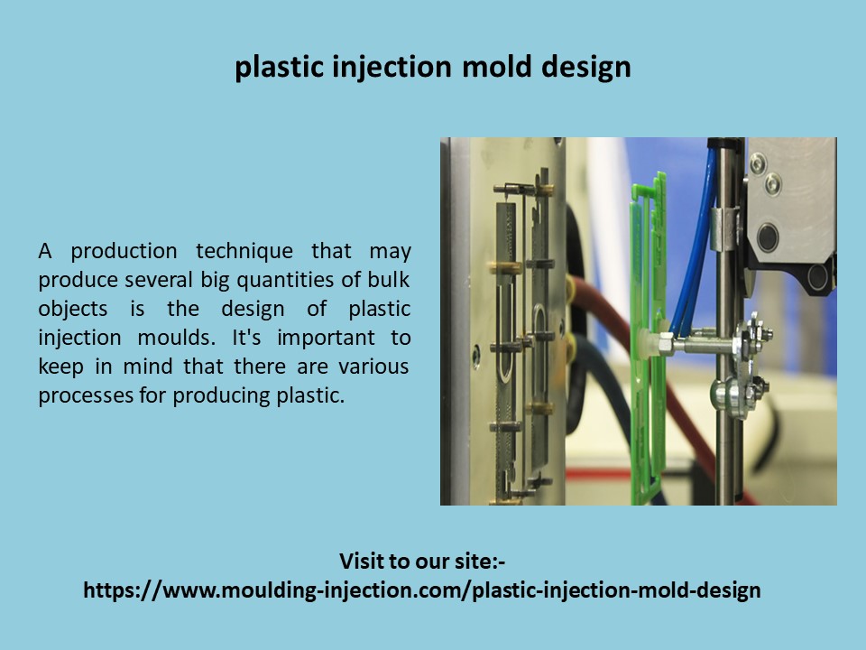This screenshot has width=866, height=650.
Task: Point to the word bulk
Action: [x=390, y=279]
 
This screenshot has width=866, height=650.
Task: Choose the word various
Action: [x=373, y=366]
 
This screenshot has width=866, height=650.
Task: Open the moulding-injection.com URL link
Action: [x=422, y=590]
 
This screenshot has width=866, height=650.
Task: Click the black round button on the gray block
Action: [x=768, y=237]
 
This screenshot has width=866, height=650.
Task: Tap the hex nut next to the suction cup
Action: [x=667, y=343]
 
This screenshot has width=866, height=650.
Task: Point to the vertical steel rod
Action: [x=726, y=424]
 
